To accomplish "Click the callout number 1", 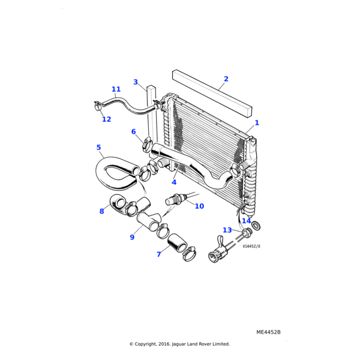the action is [257, 123].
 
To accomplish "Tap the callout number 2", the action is [226, 79].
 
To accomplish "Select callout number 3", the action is [136, 82].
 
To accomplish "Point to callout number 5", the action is [99, 147].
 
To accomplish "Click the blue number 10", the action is [199, 206].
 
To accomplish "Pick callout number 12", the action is [107, 119].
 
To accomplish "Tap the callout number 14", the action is [247, 221].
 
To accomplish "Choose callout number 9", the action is [132, 237].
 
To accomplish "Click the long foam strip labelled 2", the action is [212, 93].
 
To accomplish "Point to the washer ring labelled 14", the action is [256, 226].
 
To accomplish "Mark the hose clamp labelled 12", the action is [98, 105].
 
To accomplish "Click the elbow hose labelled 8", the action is [123, 205].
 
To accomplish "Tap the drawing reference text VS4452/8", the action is [251, 247].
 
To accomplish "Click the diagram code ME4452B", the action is [268, 332].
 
